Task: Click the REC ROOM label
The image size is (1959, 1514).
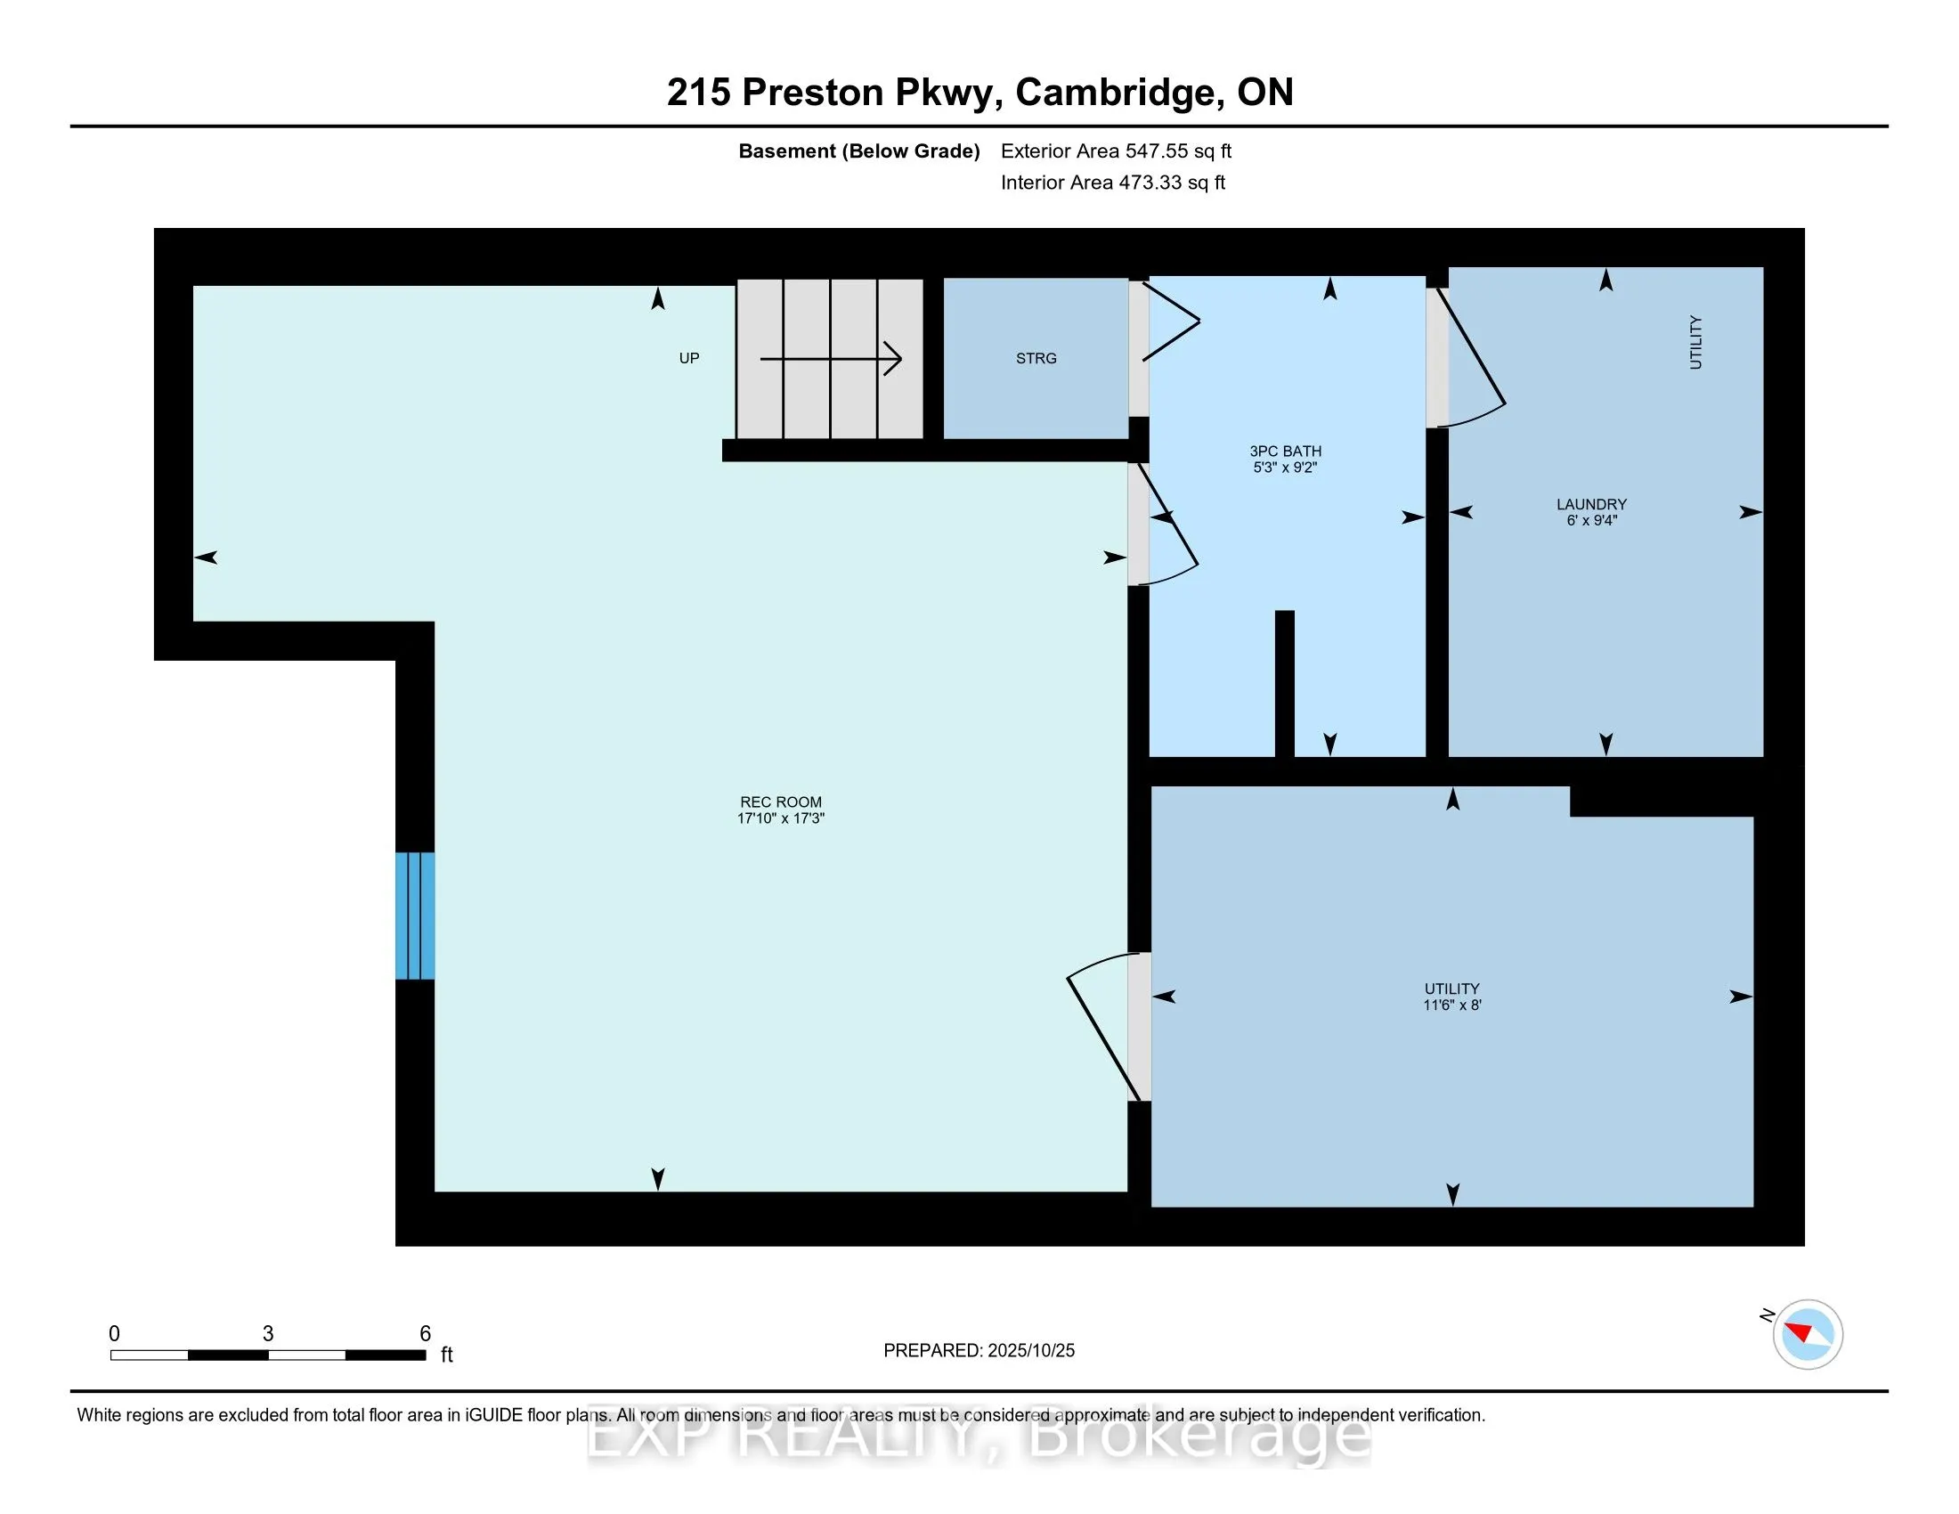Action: [x=779, y=802]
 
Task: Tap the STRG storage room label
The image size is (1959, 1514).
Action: [x=1036, y=358]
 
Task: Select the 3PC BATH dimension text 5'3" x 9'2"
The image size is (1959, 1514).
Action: [x=1284, y=468]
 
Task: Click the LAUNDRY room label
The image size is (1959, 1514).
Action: [x=1591, y=504]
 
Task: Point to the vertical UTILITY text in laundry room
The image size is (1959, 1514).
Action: [x=1695, y=342]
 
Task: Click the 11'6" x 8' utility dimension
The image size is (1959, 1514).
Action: [x=1451, y=1005]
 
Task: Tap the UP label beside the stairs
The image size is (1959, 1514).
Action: [x=688, y=358]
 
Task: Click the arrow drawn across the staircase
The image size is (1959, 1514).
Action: [x=831, y=359]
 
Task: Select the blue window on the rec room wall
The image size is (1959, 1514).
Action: [x=415, y=916]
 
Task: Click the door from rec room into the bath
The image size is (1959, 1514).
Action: [x=1165, y=525]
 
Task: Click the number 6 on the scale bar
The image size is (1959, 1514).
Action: [x=425, y=1334]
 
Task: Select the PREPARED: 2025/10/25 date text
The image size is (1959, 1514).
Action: [x=979, y=1351]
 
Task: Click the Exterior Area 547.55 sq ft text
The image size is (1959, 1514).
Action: [x=1116, y=151]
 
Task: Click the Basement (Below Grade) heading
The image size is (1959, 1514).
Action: [x=858, y=151]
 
